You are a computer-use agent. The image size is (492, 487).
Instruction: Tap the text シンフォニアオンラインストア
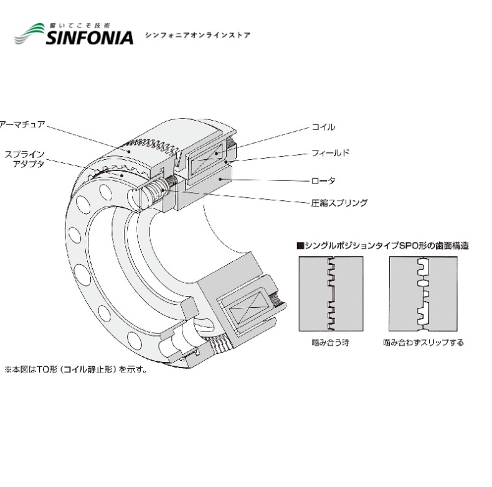[197, 35]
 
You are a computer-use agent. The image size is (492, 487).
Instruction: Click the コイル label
[323, 127]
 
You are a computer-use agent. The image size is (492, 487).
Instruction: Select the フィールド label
[331, 152]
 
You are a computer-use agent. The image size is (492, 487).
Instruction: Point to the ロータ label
[323, 180]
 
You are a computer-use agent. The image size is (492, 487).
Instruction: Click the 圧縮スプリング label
[339, 203]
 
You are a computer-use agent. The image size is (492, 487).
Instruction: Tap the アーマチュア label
[22, 124]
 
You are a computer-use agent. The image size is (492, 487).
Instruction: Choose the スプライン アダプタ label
[24, 159]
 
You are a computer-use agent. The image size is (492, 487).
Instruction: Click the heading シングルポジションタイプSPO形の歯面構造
[386, 246]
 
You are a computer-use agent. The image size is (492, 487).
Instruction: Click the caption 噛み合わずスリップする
[423, 343]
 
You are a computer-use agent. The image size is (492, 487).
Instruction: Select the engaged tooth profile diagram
[329, 293]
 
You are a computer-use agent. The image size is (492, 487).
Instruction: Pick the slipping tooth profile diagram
[423, 293]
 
